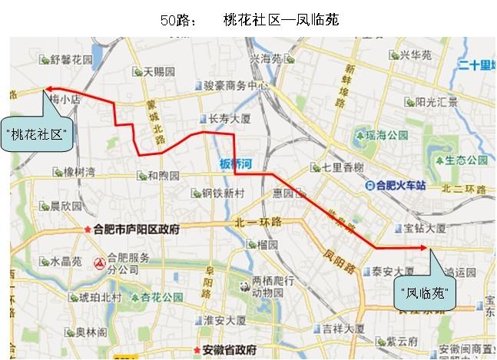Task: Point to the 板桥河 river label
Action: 236,163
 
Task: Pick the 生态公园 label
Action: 465,160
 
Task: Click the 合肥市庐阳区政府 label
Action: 135,229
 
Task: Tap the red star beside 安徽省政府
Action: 196,348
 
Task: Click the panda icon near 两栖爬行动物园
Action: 244,286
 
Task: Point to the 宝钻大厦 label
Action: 424,227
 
